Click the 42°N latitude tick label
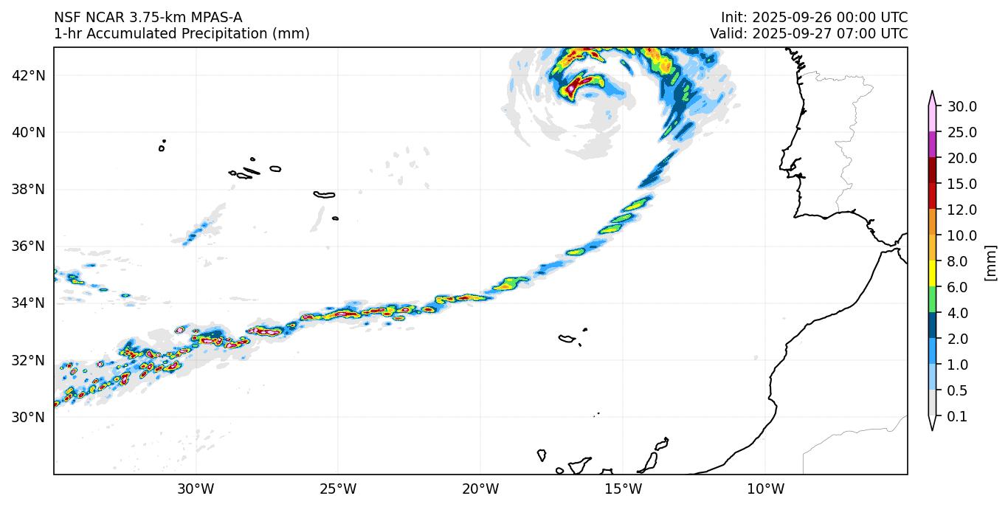click(x=30, y=75)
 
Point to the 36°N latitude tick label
click(x=30, y=246)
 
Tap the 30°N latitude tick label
click(x=30, y=417)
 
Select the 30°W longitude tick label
click(x=196, y=489)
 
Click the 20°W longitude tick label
click(x=480, y=489)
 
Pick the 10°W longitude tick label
click(x=765, y=489)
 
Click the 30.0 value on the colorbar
click(x=962, y=106)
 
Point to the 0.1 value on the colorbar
click(x=957, y=417)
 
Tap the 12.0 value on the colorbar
click(x=962, y=210)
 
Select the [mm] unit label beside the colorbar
click(x=990, y=263)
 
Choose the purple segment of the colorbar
click(x=932, y=145)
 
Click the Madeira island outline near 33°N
click(x=567, y=339)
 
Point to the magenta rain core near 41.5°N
click(x=570, y=88)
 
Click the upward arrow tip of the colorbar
click(x=932, y=93)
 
